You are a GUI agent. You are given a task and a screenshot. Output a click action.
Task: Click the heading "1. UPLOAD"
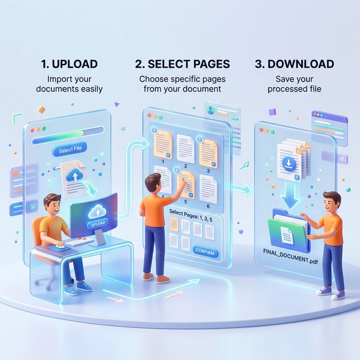pyautogui.click(x=70, y=64)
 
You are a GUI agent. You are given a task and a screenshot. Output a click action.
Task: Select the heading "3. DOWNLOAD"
pyautogui.click(x=294, y=64)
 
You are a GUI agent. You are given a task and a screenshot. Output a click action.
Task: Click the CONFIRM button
pyautogui.click(x=204, y=251)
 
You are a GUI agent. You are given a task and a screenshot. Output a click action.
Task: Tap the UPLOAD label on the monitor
pyautogui.click(x=97, y=224)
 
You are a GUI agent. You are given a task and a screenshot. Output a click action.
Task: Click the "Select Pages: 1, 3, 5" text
pyautogui.click(x=190, y=215)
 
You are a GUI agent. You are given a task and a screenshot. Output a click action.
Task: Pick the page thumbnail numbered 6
pyautogui.click(x=208, y=184)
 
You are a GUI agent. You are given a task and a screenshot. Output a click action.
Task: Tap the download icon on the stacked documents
pyautogui.click(x=288, y=164)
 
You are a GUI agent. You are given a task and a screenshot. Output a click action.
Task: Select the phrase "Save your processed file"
pyautogui.click(x=294, y=84)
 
